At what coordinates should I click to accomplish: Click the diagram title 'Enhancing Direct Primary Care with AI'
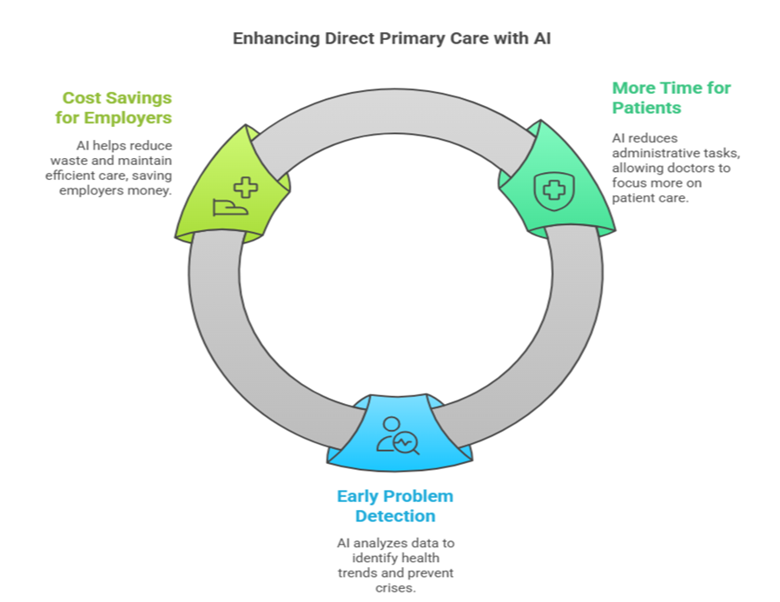tap(392, 39)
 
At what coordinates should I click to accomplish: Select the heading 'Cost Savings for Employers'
tap(114, 108)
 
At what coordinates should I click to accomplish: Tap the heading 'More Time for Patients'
tap(671, 97)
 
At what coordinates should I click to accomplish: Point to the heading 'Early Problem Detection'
tap(395, 506)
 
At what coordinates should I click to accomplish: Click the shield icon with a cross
tap(553, 190)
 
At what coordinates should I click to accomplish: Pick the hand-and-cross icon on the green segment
tap(235, 196)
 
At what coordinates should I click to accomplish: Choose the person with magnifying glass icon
tap(398, 436)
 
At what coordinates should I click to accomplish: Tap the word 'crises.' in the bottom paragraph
tap(395, 588)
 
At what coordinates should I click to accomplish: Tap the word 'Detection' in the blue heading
tap(395, 516)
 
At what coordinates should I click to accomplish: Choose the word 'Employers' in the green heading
tap(128, 118)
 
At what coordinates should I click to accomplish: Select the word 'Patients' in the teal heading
tap(646, 108)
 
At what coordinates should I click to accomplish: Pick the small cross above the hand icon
tap(246, 188)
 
